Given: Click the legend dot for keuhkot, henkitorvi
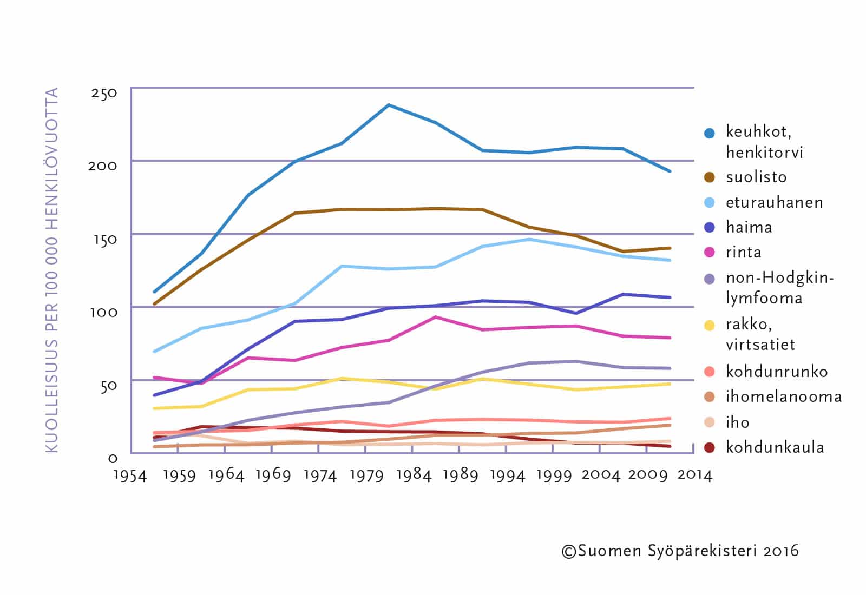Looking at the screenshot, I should point(710,133).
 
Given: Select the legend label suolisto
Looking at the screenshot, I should point(756,177).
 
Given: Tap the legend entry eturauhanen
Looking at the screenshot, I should point(774,202).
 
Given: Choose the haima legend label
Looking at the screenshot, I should point(749,227).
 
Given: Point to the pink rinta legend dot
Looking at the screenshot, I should point(710,253).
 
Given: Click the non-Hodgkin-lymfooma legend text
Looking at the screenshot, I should point(779,288).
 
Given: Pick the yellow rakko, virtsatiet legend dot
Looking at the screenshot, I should point(710,325).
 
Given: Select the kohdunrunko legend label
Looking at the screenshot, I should point(777,372).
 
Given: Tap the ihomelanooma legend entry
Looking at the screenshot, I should point(784,397).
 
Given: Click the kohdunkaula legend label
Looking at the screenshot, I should point(775,447).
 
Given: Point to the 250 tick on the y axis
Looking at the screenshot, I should point(104,93).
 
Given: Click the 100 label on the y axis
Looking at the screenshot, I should point(103,312).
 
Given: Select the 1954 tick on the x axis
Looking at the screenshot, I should point(130,475).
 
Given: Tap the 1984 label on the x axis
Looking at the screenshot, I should point(414,475).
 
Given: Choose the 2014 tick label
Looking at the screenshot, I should point(694,475).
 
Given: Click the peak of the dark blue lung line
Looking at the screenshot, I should point(389,105).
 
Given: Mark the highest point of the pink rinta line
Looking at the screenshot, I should point(435,317).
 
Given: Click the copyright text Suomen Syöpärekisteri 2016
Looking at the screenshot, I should point(680,551).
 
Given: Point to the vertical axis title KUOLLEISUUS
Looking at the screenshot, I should point(51,270).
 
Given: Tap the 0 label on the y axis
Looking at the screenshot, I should point(113,459).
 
